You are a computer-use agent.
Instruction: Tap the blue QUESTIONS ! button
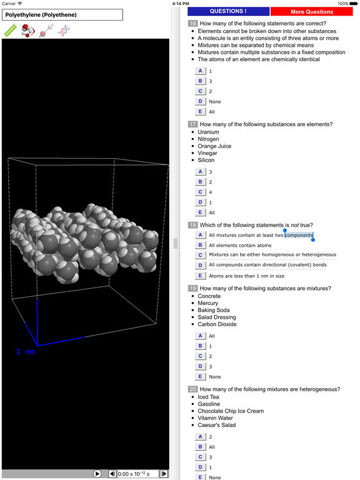[x=228, y=11]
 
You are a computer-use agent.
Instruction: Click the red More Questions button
[x=312, y=12]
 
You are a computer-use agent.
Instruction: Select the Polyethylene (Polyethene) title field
[x=62, y=15]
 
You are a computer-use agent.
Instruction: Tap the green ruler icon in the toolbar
[x=11, y=31]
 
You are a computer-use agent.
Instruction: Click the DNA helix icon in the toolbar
[x=64, y=31]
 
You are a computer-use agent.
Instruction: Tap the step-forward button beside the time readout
[x=164, y=474]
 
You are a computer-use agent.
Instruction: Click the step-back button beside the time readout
[x=112, y=474]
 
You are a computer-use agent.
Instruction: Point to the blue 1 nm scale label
[x=26, y=352]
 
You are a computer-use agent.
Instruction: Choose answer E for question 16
[x=200, y=111]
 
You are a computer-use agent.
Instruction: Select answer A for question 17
[x=200, y=172]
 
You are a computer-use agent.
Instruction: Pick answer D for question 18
[x=200, y=265]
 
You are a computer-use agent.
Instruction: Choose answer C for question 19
[x=200, y=356]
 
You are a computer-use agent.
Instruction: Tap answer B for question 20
[x=200, y=447]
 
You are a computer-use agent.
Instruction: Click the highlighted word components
[x=299, y=235]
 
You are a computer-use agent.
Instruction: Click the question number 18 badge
[x=192, y=225]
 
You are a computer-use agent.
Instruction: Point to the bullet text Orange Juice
[x=214, y=146]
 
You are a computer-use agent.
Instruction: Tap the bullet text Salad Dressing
[x=217, y=317]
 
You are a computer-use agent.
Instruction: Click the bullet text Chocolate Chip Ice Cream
[x=231, y=411]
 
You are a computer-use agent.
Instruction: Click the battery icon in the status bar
[x=353, y=4]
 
